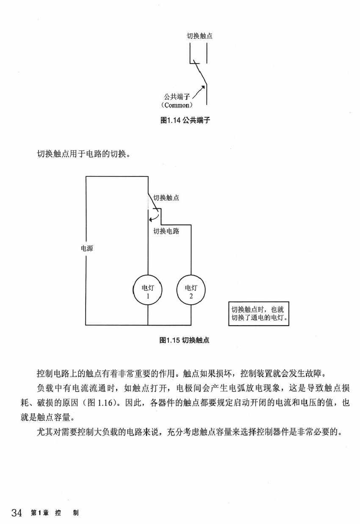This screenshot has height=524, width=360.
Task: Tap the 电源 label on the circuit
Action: (x=87, y=248)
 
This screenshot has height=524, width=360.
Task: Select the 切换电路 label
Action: (x=166, y=231)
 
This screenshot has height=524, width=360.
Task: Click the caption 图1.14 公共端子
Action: (x=186, y=121)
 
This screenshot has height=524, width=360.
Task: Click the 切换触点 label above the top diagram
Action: (x=199, y=36)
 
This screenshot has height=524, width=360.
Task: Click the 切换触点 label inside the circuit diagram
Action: (x=166, y=198)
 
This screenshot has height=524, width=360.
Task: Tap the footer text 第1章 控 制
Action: (x=55, y=513)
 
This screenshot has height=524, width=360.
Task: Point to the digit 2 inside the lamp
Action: (x=191, y=296)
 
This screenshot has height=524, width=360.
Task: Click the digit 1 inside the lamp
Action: (x=148, y=296)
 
